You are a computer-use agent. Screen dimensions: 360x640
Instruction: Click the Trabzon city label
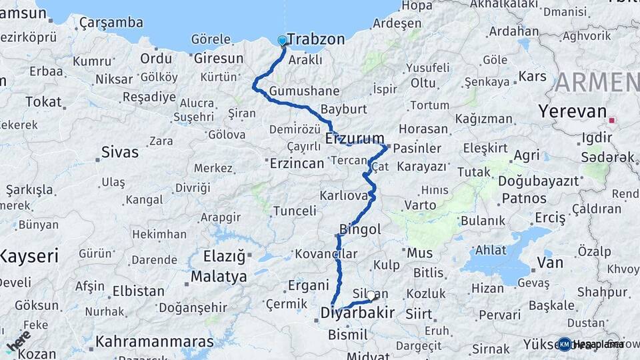coord(315,39)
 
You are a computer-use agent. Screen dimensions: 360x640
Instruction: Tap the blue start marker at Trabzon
coord(283,41)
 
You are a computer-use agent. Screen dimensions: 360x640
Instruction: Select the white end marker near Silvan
coord(371,295)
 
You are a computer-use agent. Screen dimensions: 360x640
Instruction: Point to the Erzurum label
coord(355,139)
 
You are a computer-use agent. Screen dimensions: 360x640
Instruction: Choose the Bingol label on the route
coord(360,229)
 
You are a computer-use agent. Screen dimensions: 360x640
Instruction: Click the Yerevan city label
coord(573,111)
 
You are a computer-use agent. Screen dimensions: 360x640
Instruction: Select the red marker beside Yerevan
coord(612,121)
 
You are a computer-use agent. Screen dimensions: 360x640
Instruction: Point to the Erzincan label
coord(297,163)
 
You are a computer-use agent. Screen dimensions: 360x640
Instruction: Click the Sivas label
coord(119,152)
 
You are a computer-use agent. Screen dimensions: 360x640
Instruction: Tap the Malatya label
coord(219,276)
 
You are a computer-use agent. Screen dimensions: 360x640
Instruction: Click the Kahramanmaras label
coord(155,342)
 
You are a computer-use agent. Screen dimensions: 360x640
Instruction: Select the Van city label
coord(550,263)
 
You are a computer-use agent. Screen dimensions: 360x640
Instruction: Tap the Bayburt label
coord(344,109)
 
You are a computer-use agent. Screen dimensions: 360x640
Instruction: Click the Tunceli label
coord(295,211)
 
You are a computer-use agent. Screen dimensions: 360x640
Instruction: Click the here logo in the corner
coord(18,341)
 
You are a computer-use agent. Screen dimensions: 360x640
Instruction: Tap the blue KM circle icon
coord(564,344)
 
